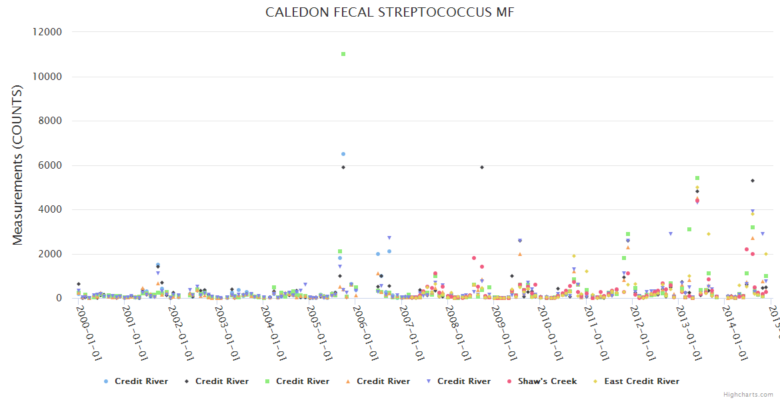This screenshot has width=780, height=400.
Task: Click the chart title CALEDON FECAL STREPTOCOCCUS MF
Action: pyautogui.click(x=390, y=13)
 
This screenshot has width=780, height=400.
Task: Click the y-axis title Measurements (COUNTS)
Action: pyautogui.click(x=18, y=165)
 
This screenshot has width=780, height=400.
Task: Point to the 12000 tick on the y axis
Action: pyautogui.click(x=48, y=32)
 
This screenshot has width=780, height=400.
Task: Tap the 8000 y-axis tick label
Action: pyautogui.click(x=51, y=121)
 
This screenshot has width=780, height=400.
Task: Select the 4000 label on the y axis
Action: pyautogui.click(x=51, y=209)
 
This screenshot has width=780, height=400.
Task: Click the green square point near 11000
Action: pyautogui.click(x=343, y=54)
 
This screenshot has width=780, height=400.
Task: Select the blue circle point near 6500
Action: pyautogui.click(x=343, y=154)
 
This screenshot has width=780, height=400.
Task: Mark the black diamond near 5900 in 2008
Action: pyautogui.click(x=482, y=167)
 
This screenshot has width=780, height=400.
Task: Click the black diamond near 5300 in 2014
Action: pyautogui.click(x=753, y=181)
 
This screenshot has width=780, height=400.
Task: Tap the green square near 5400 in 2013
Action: pyautogui.click(x=697, y=178)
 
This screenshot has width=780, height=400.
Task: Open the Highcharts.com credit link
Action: pyautogui.click(x=748, y=395)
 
